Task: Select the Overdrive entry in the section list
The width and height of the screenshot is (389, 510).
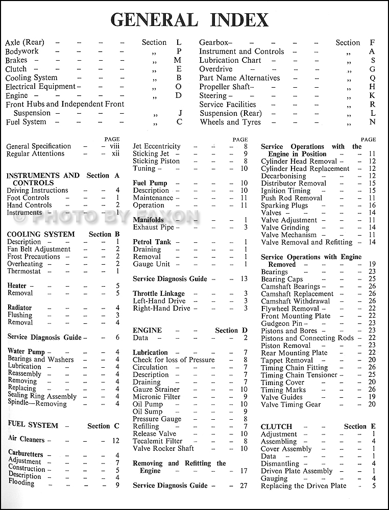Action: [x=215, y=69]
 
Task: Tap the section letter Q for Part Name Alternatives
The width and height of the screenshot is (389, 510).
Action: [x=372, y=78]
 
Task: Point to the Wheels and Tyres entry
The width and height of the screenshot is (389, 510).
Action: [x=230, y=122]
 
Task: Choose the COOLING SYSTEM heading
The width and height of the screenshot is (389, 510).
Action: [x=41, y=234]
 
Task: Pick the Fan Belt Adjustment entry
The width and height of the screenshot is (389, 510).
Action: [x=39, y=249]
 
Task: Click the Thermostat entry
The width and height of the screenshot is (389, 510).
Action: [x=25, y=271]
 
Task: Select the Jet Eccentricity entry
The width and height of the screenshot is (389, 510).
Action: [x=157, y=146]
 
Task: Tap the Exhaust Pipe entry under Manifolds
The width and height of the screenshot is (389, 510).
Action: [x=153, y=227]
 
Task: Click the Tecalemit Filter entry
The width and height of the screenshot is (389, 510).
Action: [x=157, y=441]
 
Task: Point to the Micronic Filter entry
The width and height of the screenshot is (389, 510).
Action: [x=156, y=396]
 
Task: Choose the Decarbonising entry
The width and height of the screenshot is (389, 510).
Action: [x=283, y=176]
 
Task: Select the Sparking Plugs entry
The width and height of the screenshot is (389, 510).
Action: [x=285, y=206]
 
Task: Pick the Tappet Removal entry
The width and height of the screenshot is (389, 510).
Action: [x=287, y=360]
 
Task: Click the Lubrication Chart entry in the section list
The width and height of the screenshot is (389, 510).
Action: [x=230, y=60]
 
